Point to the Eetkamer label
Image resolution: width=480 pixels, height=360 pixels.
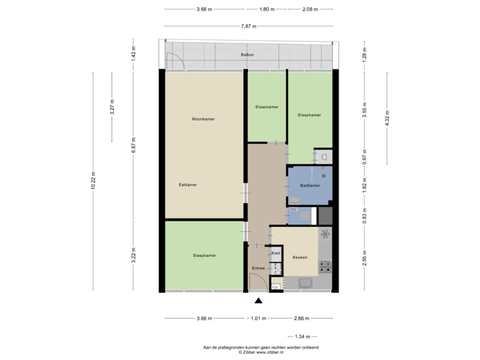click(187, 185)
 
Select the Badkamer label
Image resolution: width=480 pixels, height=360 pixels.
click(310, 185)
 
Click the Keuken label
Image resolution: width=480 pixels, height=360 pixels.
click(299, 257)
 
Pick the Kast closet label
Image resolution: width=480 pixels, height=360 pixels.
click(275, 253)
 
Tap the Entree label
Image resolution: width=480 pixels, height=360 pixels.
click(258, 268)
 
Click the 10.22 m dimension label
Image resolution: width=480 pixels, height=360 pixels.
click(93, 181)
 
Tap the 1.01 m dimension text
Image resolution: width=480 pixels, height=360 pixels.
click(258, 319)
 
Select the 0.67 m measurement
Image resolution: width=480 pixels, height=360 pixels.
click(365, 156)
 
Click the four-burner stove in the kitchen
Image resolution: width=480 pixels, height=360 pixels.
click(325, 267)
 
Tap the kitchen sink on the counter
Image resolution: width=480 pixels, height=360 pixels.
click(325, 234)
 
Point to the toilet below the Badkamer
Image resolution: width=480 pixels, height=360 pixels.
click(303, 215)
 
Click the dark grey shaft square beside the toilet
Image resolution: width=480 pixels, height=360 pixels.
click(325, 216)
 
